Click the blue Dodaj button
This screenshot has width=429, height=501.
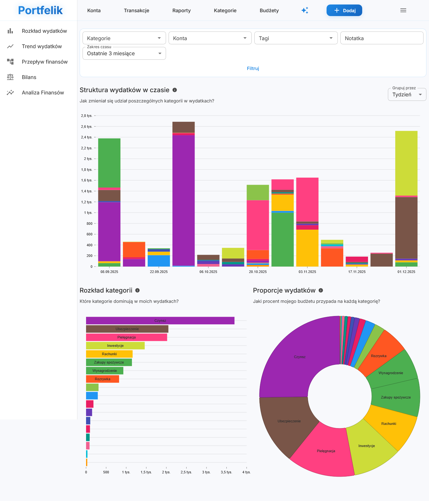[x=344, y=10]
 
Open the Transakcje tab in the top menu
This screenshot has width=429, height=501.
[x=136, y=10]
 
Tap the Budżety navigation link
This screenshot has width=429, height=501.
[x=269, y=10]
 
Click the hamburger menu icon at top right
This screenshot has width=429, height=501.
[x=403, y=10]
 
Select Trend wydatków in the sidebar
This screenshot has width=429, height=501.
[x=42, y=46]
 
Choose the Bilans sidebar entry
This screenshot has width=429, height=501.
[x=29, y=77]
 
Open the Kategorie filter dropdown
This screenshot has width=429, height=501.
[x=124, y=38]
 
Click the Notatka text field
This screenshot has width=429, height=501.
[x=381, y=38]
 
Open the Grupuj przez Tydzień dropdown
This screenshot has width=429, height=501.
[x=407, y=94]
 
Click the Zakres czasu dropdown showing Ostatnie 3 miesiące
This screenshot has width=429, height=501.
[x=124, y=53]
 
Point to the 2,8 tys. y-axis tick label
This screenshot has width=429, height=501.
[x=86, y=116]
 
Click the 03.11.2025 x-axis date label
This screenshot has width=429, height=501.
[x=307, y=272]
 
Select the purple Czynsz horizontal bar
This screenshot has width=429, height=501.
[x=160, y=321]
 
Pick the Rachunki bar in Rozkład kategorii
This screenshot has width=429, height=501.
[x=109, y=354]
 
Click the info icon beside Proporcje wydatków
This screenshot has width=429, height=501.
[x=321, y=290]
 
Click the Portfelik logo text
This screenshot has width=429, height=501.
[x=40, y=10]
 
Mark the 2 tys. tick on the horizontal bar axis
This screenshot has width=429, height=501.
[x=166, y=472]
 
